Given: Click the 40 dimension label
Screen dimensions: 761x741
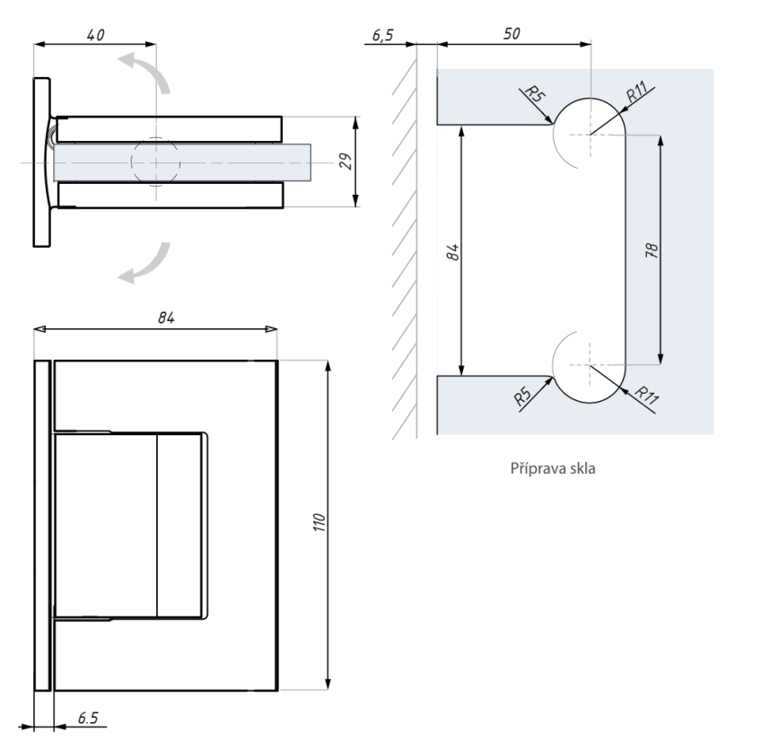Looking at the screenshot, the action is point(96,35).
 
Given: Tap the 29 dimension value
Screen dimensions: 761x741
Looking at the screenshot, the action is point(346,161).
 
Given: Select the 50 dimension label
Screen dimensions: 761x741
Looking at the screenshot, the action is point(512,33).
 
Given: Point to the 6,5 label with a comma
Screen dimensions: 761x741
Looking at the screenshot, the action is point(382,35).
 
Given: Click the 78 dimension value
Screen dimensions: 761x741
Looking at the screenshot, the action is point(652,250).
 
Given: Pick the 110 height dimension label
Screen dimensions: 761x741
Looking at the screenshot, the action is point(319,522).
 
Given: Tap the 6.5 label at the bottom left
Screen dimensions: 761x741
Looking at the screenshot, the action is point(88,718).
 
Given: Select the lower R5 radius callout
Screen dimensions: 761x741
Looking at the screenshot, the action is point(522,397).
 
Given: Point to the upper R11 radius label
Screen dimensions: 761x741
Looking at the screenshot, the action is point(637,92).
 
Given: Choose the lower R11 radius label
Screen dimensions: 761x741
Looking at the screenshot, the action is point(647,396).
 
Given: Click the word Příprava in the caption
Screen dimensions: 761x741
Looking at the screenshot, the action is point(534,468).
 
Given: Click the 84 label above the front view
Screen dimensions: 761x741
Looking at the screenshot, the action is point(166,318).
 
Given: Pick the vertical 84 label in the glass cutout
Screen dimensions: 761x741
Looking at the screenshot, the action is point(452,252).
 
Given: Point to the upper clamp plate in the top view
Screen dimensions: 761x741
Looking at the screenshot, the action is point(170,129).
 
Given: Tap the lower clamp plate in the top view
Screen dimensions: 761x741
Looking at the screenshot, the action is point(171,195).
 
